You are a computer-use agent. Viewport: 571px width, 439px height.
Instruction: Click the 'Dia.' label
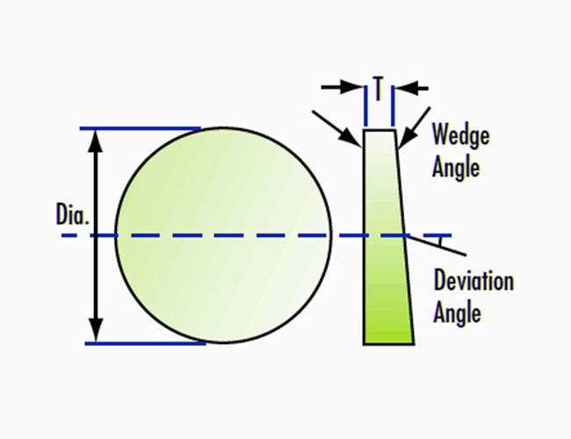coord(72,215)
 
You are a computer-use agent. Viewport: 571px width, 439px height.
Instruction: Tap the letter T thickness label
coord(378,88)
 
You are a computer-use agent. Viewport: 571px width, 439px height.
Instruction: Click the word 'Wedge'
coord(460,136)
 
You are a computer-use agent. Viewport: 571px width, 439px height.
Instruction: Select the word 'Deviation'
coord(473,282)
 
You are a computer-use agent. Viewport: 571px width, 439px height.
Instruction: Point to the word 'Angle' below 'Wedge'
coord(456,166)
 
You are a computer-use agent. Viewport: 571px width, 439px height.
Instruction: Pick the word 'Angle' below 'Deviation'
coord(457,311)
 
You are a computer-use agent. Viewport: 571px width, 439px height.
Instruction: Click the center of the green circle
coord(224,235)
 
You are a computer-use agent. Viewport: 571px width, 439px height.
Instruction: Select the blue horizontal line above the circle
coord(141,128)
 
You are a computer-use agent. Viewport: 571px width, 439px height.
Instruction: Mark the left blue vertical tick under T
coord(365,105)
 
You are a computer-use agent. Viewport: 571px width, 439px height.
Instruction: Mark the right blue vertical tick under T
coord(392,105)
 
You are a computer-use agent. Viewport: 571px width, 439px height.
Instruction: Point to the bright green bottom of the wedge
coord(388,329)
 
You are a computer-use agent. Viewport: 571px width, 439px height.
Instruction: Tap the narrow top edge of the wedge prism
coord(379,130)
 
